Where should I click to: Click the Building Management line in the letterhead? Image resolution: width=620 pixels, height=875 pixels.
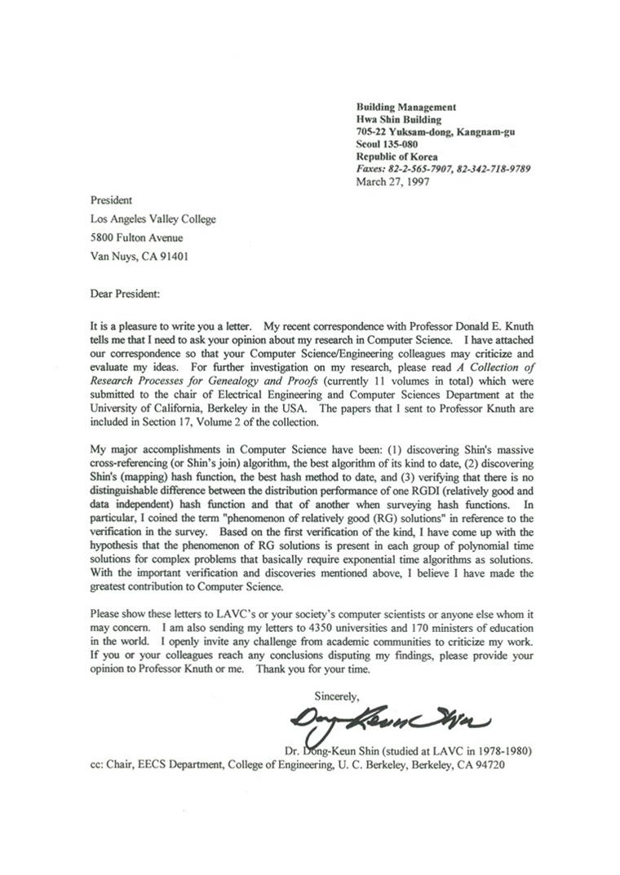coord(405,107)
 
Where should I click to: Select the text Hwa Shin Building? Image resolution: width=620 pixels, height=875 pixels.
coord(397,120)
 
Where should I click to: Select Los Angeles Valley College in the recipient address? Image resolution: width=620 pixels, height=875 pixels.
coord(153,219)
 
